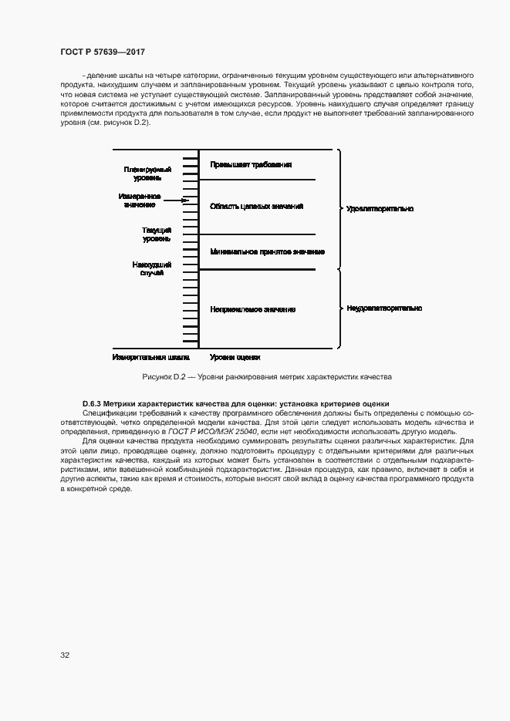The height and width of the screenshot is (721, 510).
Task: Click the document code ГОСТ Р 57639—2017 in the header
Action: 102,51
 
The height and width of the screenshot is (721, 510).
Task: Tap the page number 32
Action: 65,655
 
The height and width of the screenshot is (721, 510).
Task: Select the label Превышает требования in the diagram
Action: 251,165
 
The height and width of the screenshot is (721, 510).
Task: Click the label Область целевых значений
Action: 256,207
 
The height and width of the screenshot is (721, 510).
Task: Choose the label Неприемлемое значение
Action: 252,309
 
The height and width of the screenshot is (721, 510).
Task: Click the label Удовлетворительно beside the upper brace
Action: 380,209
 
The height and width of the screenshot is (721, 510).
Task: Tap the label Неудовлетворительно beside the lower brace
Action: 383,308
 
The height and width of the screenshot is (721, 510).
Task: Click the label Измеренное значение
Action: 140,200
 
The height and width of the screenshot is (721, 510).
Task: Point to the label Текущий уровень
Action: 157,234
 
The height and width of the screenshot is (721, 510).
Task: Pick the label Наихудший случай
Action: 152,268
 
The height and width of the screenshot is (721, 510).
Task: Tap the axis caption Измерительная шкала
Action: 150,358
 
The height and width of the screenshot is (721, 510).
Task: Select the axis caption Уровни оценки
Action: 235,358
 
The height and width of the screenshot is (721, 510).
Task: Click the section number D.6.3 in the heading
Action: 91,404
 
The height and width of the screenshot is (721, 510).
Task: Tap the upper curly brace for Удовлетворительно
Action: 337,209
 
